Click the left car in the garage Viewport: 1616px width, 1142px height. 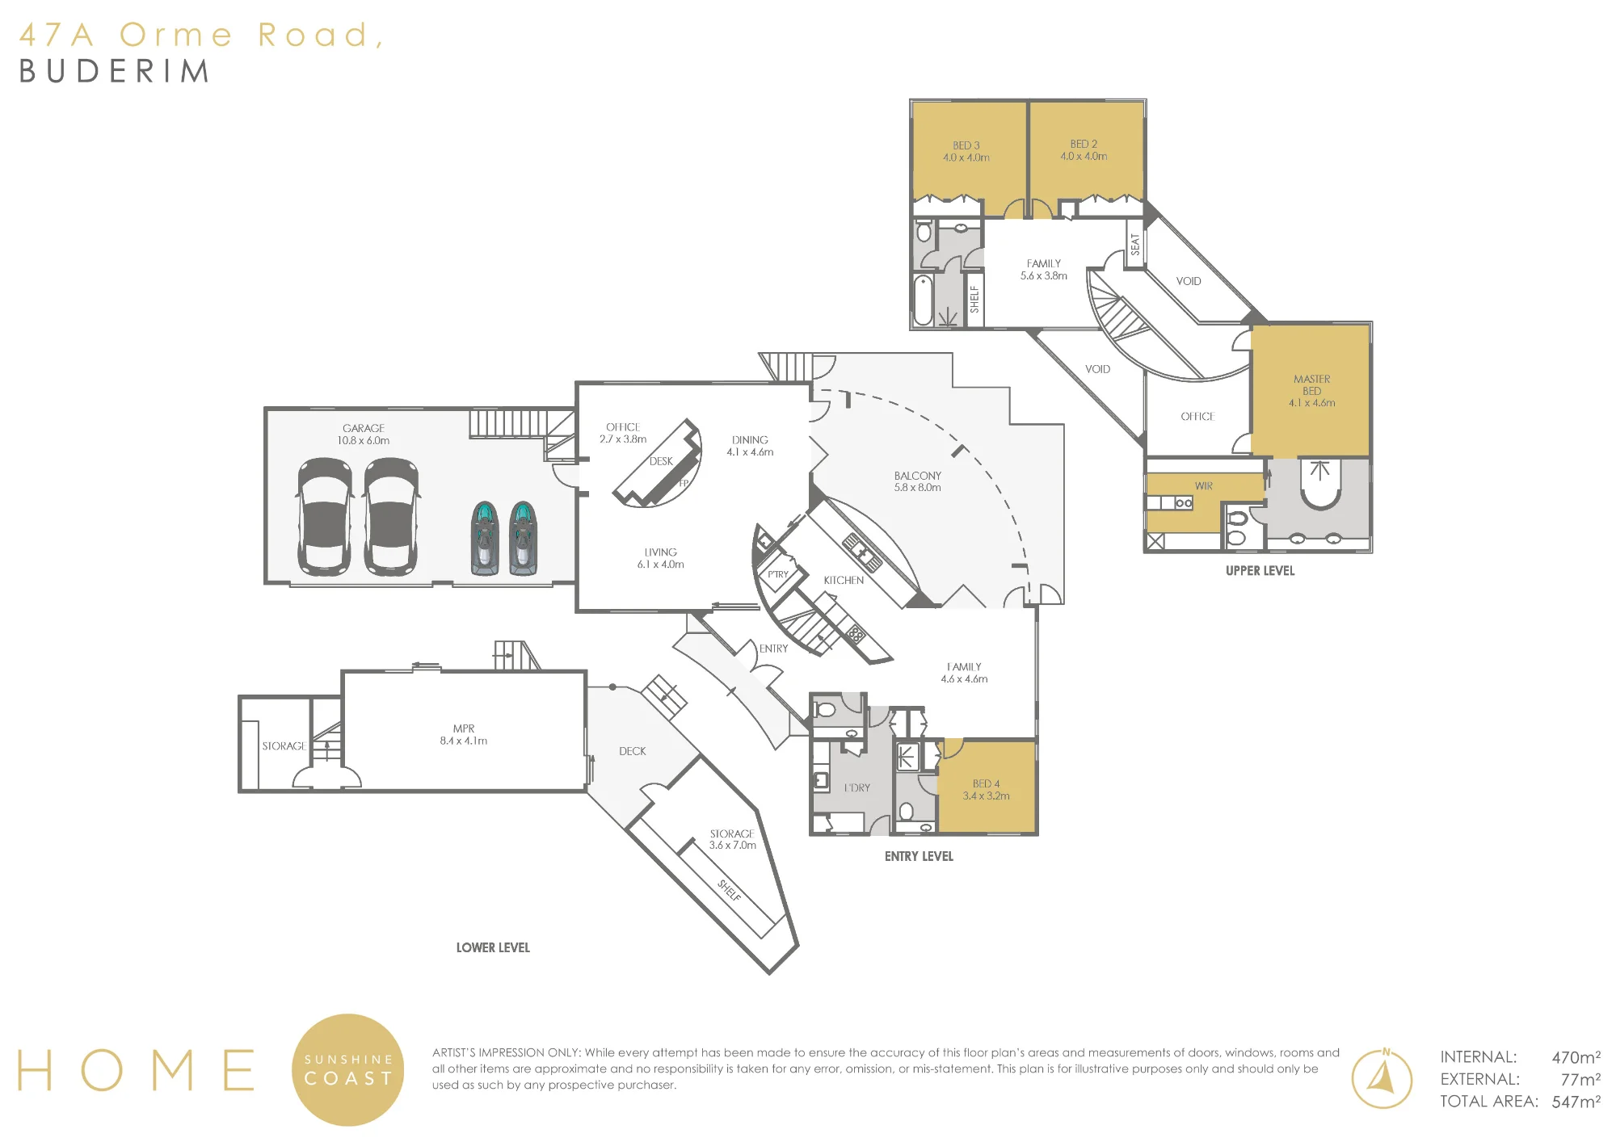(x=325, y=517)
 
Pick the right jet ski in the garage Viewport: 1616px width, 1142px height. (x=524, y=538)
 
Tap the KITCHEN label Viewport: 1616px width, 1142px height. (x=844, y=580)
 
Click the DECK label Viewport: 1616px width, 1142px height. (x=633, y=751)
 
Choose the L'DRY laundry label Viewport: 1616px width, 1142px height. (x=857, y=787)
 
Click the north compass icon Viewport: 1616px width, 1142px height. (x=1382, y=1078)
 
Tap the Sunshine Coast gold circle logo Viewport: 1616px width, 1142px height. (x=347, y=1069)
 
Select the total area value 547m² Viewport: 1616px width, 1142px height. (x=1576, y=1102)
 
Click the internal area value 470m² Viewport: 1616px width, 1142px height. (x=1576, y=1057)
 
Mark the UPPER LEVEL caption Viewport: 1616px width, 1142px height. (x=1260, y=570)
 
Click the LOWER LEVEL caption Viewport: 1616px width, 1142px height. (x=493, y=947)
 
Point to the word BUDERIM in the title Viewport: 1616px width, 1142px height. (x=114, y=71)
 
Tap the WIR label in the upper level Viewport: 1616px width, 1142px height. (x=1204, y=486)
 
